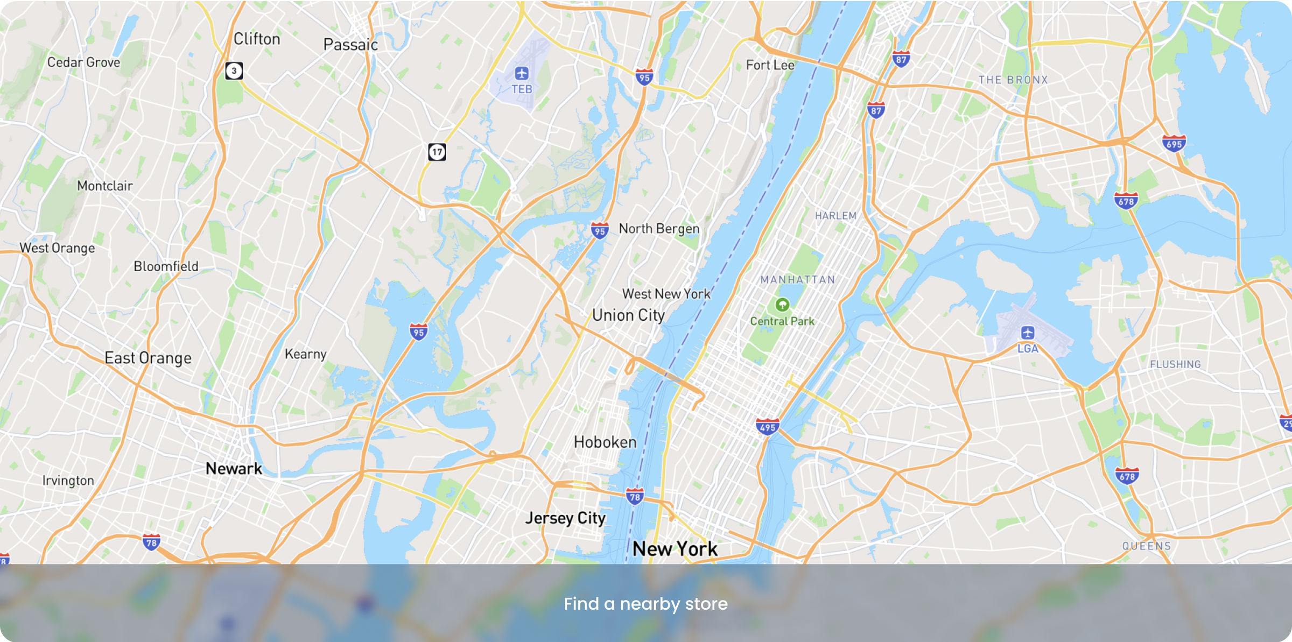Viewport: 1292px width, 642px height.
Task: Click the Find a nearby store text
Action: tap(645, 604)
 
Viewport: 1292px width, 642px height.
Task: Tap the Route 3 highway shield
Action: tap(234, 70)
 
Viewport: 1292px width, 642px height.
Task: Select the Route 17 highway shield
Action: tap(437, 152)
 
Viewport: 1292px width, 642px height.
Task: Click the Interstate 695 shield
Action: tap(1174, 144)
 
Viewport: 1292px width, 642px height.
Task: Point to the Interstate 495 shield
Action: tap(767, 427)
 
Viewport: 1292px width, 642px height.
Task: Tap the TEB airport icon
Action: tap(521, 73)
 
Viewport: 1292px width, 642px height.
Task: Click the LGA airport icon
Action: tap(1027, 332)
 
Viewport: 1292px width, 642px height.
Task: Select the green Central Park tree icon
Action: tap(782, 305)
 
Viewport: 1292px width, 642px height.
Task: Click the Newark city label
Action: tap(234, 468)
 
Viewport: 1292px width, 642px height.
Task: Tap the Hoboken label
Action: tap(605, 442)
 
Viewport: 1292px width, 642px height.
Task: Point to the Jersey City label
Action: tap(565, 518)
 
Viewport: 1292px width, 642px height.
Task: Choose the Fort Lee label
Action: tap(770, 65)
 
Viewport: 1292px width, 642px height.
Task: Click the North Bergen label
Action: tap(659, 229)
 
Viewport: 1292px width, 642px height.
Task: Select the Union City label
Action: tap(628, 315)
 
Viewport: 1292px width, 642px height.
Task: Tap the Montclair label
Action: tap(104, 186)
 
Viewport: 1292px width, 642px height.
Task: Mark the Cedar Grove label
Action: tap(83, 62)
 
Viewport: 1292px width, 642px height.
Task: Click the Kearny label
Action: tap(305, 354)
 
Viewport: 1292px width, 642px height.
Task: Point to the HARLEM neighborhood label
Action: tap(835, 216)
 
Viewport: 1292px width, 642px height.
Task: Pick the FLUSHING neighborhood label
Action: tap(1175, 364)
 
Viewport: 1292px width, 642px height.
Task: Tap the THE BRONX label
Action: tap(1013, 80)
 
